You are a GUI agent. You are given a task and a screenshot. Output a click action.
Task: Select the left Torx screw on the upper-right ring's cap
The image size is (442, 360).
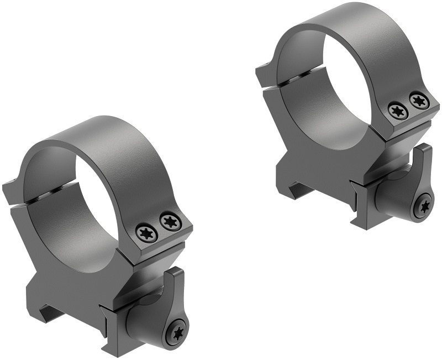coord(396,110)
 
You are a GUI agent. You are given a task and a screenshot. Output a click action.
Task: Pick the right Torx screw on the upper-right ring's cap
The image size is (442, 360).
coord(418,101)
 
